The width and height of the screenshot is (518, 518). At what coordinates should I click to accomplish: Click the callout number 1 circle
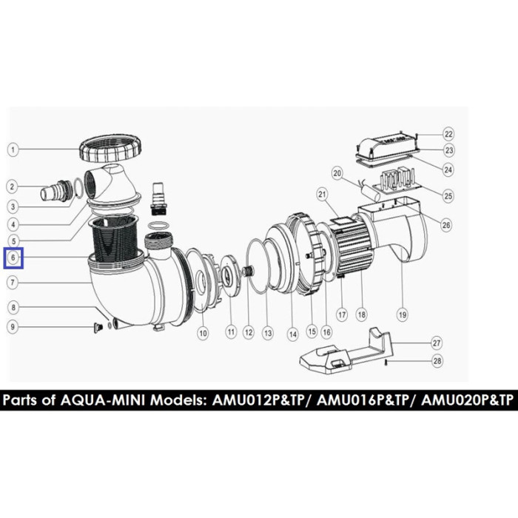[13, 150]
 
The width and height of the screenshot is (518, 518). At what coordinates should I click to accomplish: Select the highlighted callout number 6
[13, 258]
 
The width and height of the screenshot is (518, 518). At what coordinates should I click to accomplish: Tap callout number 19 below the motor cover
[403, 315]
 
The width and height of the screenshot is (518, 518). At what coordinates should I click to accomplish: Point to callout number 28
[437, 360]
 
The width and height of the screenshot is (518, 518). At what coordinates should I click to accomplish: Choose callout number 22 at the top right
[448, 134]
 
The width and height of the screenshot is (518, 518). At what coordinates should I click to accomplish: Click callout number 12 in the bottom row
[249, 332]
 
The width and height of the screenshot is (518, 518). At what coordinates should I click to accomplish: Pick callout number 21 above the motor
[322, 195]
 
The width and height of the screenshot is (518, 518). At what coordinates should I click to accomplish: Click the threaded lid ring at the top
[111, 149]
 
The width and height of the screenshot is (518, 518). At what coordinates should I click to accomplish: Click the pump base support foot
[346, 352]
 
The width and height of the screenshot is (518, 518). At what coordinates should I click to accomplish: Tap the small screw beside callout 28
[387, 363]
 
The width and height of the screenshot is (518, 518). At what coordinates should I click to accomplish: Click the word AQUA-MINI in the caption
[102, 400]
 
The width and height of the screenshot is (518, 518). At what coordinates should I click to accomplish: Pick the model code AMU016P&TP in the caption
[363, 400]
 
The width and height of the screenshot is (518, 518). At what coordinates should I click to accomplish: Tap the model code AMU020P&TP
[467, 400]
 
